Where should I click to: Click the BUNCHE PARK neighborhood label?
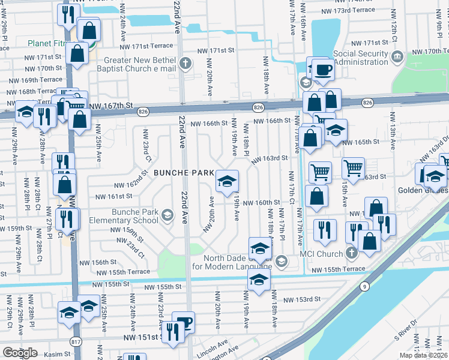pos(183,173)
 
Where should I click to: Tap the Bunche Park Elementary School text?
pos(135,216)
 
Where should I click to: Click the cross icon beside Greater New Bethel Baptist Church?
pos(186,62)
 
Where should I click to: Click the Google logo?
pos(20,352)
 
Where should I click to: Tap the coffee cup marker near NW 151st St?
pos(184,322)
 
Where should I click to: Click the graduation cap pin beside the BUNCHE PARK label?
pos(226,180)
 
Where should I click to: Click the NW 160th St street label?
pos(262,203)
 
